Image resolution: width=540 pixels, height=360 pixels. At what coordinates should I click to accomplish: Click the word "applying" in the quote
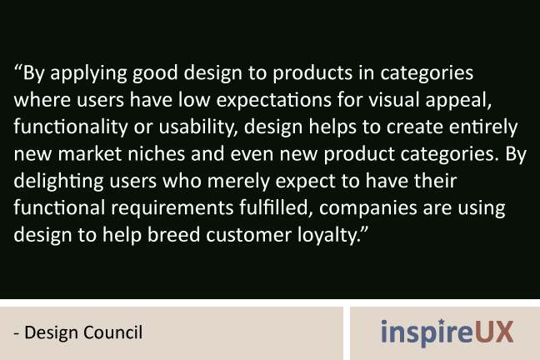coord(88,73)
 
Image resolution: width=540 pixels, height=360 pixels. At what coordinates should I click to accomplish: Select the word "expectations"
coord(273,101)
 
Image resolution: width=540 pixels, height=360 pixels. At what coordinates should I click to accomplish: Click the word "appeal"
coord(457,101)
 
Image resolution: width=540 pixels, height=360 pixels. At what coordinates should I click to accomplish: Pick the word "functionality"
coord(71,127)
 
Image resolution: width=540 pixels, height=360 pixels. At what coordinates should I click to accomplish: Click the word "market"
coord(89,153)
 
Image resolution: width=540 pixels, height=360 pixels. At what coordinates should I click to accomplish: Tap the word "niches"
coord(157,153)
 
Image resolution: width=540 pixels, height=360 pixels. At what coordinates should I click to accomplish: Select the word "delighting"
coord(58,182)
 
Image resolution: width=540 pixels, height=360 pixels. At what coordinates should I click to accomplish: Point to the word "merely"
coord(238,182)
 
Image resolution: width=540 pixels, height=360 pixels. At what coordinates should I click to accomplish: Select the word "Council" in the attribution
coord(112,332)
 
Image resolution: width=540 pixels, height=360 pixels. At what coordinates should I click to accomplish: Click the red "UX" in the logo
coord(494,332)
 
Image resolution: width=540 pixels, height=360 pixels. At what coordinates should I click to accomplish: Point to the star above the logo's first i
coord(442,322)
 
